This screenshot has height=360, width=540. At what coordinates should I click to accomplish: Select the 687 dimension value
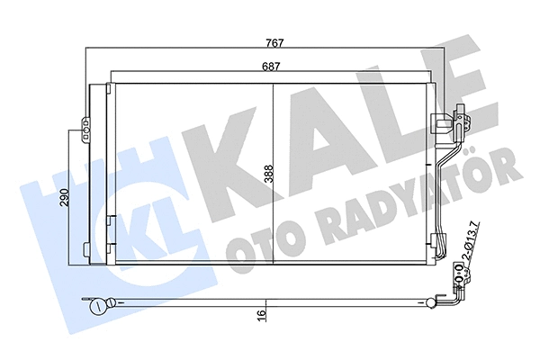click(x=274, y=66)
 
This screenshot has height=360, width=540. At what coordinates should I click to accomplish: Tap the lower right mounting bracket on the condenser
click(x=438, y=244)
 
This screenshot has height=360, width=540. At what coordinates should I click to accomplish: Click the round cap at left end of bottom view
click(x=96, y=306)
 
